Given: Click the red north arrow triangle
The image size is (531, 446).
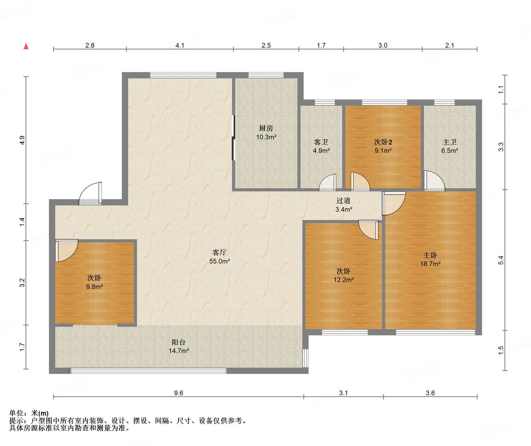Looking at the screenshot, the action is pos(26,46).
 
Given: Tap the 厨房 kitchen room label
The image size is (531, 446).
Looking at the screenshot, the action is pos(266,133).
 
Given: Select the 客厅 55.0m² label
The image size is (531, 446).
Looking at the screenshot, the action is pos(220,257).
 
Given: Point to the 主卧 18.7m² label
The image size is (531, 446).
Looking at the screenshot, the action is pos(430,259).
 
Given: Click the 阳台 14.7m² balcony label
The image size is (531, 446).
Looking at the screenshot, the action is pos(179,346).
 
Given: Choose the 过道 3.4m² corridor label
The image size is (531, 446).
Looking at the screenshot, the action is pos(344,205).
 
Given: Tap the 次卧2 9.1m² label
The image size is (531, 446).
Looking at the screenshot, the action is pos(383,146).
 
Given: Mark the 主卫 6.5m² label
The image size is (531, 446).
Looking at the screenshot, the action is pos(450,146).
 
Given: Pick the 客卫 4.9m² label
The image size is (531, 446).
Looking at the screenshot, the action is pos(321,146).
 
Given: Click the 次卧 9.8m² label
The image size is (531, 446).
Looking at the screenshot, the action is pos(95,282).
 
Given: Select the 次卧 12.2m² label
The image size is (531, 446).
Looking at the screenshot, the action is pos(344,275).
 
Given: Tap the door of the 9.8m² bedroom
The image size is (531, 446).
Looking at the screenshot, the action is pos(67,250).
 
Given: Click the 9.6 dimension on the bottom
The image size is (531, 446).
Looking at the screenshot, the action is pos(179,393).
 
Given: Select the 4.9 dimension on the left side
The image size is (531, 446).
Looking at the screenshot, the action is pos(22,140).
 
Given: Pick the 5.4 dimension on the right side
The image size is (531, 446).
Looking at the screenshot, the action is pos(501,260).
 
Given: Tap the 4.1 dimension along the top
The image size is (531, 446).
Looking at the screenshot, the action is pos(180,45).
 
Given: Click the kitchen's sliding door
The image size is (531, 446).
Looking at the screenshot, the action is pos(233,137).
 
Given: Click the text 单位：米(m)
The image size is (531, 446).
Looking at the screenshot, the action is pos(29,413).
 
